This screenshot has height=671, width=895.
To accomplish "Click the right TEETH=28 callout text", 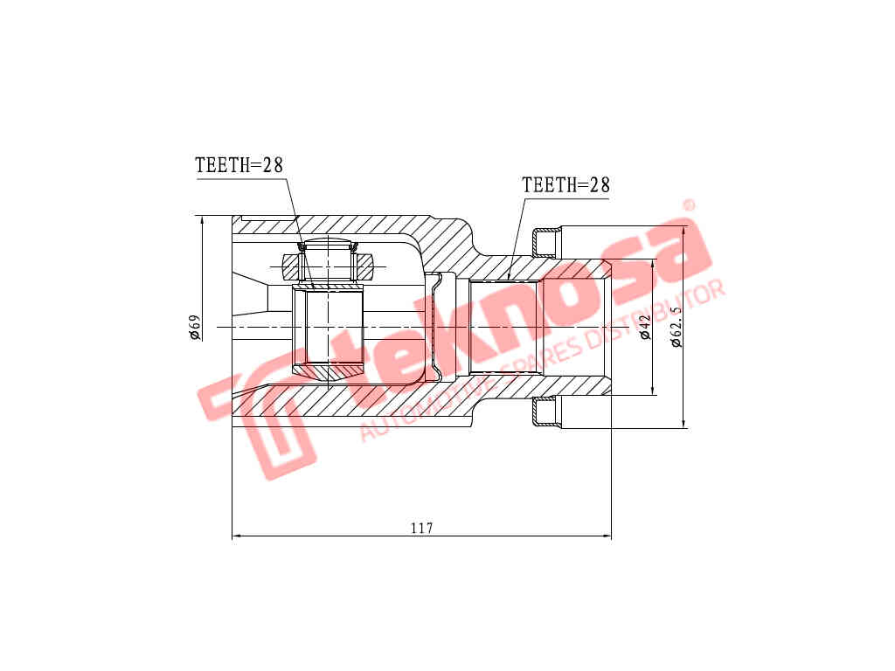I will coord(565,185).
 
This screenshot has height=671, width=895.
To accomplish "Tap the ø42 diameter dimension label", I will coord(645,327).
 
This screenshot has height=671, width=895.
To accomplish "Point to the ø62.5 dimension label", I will coord(676,326).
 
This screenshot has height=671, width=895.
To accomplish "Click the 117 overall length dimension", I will coord(421,528).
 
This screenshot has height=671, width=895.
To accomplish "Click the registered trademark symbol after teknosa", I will coord(688,205).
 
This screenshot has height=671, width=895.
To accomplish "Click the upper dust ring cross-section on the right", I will coord(545,241).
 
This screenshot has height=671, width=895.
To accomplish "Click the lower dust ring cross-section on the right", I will coord(545,412).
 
